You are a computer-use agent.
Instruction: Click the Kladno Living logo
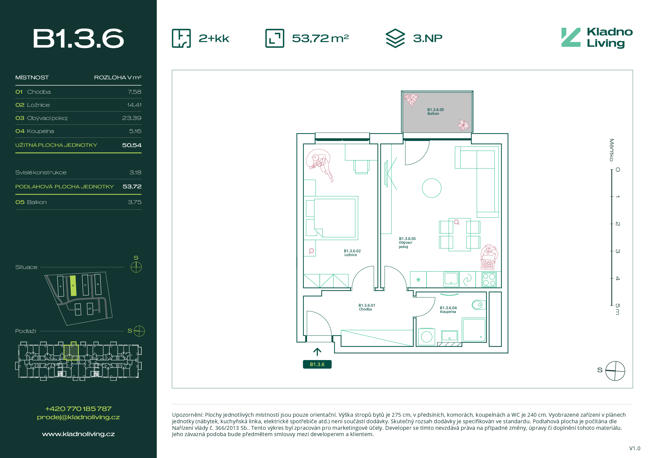pos(597,38)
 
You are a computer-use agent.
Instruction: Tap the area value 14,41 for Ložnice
pos(134,105)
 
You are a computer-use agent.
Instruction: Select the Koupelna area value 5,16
pos(135,131)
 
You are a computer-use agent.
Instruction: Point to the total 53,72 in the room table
pos(132,186)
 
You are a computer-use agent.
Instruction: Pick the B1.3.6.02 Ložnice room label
pos(352,253)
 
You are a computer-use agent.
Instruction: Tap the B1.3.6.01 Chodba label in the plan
pos(367,307)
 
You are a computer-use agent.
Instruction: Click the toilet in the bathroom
pos(479,305)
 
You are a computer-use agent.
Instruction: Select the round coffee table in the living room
pos(432,188)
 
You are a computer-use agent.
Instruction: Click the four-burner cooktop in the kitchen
pos(489,280)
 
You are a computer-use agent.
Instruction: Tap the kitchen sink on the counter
pos(451,279)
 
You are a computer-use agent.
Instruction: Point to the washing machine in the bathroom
pos(427,337)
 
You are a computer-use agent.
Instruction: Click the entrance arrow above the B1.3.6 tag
pos(317,352)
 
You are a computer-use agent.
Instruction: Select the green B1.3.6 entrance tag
pos(317,364)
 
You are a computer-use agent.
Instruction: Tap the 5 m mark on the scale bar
pos(618,309)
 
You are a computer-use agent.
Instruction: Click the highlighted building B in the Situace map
pos(73,286)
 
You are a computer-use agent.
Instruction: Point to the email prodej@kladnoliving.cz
pos(78,417)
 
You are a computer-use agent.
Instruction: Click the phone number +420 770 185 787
pos(78,409)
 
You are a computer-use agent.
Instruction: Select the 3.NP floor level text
pos(428,38)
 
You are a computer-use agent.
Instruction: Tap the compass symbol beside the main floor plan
pos(615,371)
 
